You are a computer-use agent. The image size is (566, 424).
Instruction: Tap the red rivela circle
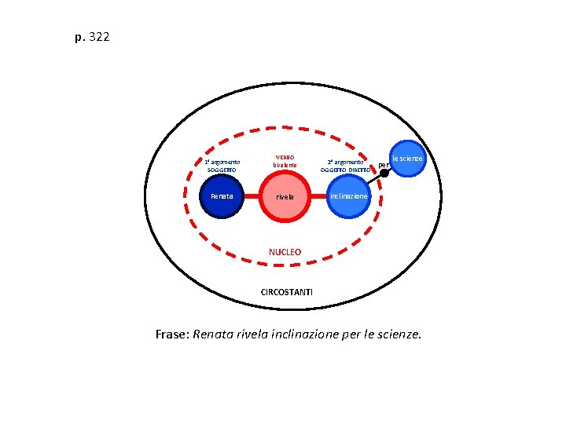point(285,196)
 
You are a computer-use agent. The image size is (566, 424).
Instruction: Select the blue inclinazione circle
point(347,196)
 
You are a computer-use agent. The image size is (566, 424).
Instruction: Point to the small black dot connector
point(384,174)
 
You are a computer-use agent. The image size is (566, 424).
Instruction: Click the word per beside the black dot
point(384,164)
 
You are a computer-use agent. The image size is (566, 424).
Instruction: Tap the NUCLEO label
point(285,252)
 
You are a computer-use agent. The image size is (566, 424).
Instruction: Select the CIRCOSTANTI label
point(286,292)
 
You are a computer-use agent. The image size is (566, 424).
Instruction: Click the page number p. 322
point(92,37)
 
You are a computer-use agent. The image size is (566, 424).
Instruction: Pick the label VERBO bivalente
point(285,160)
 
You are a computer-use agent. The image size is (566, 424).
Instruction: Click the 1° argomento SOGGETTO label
point(216,166)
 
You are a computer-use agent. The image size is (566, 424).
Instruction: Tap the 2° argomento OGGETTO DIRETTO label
point(345,166)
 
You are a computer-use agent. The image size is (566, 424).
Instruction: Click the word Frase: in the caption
point(172,334)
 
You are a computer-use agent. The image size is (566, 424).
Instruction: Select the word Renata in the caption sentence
point(213,334)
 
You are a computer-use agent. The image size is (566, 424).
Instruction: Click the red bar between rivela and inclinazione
point(316,196)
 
